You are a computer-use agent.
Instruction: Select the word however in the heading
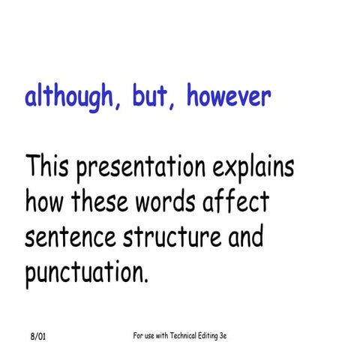[228, 97]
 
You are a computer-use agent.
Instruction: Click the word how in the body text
[44, 202]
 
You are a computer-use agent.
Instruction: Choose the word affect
[238, 202]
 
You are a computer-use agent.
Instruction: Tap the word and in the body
[245, 238]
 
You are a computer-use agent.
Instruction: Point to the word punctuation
[86, 273]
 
